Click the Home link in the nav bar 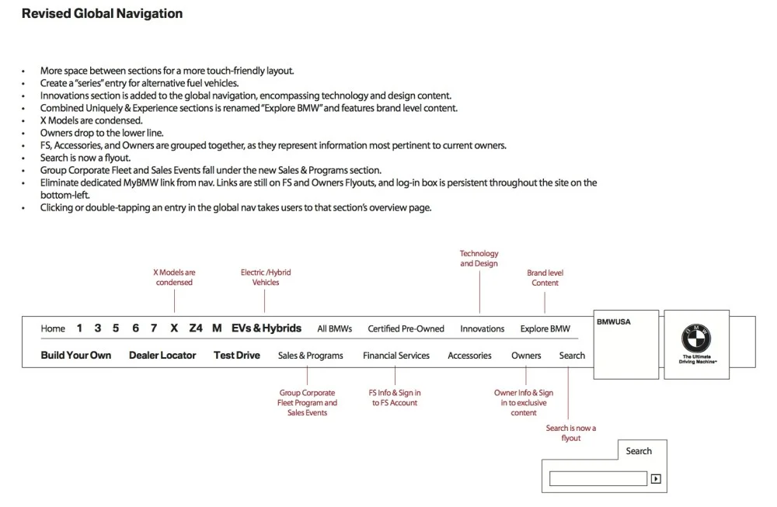53,328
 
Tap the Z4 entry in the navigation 195,328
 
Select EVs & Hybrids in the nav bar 267,328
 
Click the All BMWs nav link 334,328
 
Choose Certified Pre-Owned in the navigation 406,328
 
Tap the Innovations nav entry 482,328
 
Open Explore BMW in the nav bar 545,328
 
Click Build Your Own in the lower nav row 76,356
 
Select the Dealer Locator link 162,356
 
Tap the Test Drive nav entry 237,356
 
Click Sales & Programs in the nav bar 310,356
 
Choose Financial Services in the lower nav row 395,356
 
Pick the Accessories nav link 469,356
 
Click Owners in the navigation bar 526,356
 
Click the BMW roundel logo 697,338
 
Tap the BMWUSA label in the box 613,321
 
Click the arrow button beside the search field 656,479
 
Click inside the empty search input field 598,479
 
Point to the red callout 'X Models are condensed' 174,277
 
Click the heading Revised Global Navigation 102,13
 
